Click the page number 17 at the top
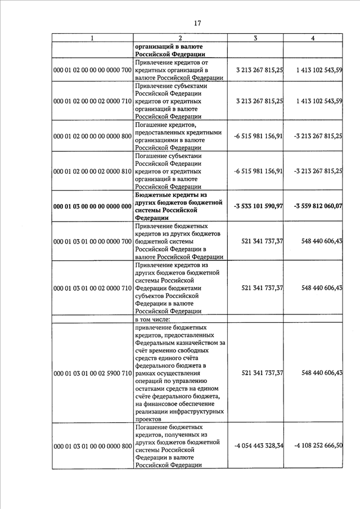(197, 23)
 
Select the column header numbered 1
(93, 38)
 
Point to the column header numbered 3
(255, 38)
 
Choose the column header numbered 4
(313, 38)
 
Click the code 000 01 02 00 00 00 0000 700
(92, 70)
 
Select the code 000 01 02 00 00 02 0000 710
(92, 101)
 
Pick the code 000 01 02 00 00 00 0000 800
(92, 136)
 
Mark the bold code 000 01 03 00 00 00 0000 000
(92, 206)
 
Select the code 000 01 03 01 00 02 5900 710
(92, 373)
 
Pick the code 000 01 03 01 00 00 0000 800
(92, 446)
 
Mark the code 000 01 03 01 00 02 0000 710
(92, 288)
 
